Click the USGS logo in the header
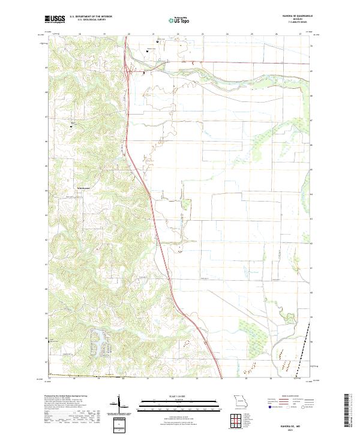coord(55,19)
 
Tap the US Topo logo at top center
coord(179,20)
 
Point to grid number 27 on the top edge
coord(300,35)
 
